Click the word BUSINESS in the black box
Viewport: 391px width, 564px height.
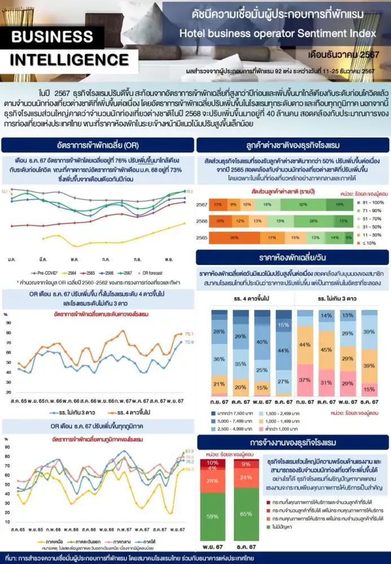pos(51,37)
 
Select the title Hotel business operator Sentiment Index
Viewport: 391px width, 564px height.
pos(277,33)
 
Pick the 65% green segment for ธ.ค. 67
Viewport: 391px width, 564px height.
pos(247,514)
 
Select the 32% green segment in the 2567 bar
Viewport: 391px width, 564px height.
pos(303,204)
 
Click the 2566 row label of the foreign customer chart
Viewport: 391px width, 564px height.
pos(202,222)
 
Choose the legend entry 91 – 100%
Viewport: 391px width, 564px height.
pos(372,202)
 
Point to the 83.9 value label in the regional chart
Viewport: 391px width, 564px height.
pos(190,451)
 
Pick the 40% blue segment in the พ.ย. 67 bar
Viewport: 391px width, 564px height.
pos(262,342)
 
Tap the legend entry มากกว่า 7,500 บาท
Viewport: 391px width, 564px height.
pos(230,413)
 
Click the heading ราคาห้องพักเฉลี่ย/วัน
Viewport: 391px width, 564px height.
pos(292,258)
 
